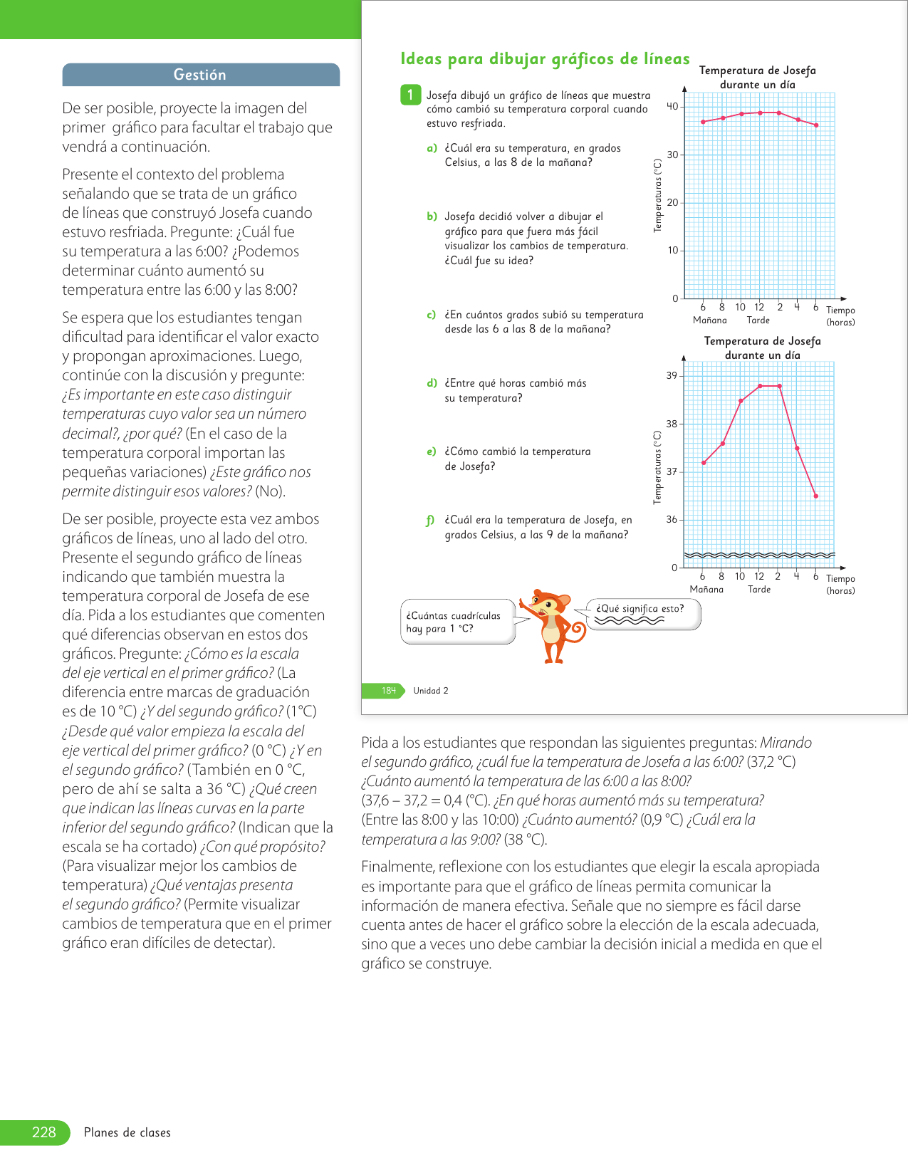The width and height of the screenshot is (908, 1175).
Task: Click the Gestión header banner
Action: point(200,75)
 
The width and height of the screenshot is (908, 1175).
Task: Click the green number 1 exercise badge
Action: point(410,95)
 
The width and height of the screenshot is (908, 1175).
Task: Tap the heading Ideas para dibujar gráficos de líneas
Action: point(545,59)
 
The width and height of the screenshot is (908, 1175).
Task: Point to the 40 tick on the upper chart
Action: point(672,107)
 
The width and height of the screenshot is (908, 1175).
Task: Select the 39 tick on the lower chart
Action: point(672,376)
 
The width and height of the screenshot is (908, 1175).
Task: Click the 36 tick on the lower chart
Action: point(672,520)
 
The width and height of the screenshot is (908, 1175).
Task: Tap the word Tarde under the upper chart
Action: point(758,320)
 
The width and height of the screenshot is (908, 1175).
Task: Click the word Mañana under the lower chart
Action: point(706,590)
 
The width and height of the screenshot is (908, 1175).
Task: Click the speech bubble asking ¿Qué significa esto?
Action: point(642,614)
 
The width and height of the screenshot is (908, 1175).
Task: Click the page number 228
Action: point(43,1132)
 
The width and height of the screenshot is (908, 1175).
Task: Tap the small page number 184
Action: point(388,691)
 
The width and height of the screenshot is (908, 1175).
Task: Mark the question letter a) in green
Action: point(432,148)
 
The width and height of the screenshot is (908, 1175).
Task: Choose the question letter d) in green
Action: point(432,383)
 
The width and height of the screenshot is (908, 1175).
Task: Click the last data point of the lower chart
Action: point(816,496)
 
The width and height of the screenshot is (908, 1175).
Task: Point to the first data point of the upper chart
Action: point(703,122)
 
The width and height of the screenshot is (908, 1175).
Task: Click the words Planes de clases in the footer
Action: point(127,1133)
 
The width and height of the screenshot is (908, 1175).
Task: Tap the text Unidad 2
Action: point(431,691)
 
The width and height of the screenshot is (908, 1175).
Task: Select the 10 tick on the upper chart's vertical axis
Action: point(672,251)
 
